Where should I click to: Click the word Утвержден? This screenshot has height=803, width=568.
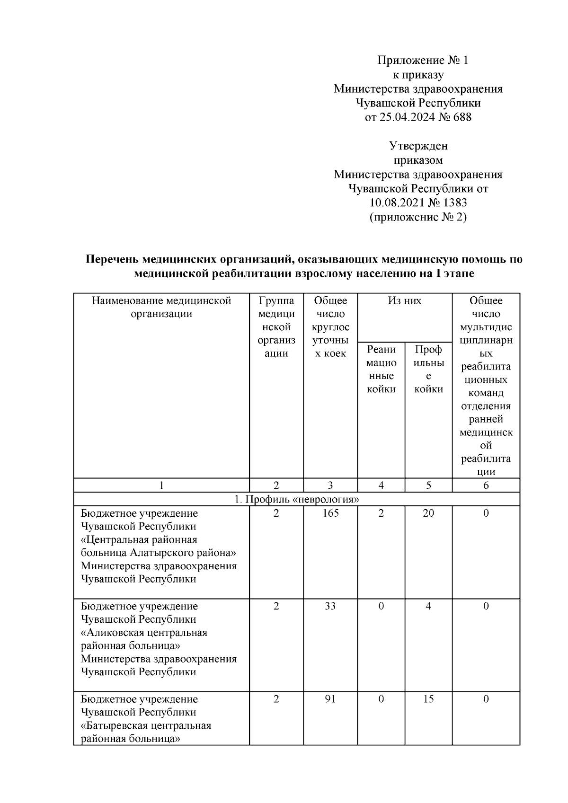coord(418,146)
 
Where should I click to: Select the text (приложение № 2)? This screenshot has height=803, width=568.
coord(418,217)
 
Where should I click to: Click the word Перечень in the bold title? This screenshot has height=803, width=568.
coord(112,259)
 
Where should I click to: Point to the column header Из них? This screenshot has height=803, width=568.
coord(405,301)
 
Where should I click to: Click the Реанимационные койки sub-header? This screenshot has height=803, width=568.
coord(381,369)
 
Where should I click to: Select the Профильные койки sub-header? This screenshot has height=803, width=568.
coord(428,369)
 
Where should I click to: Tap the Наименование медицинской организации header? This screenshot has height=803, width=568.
coord(161,307)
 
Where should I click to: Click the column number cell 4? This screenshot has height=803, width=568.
coord(381,485)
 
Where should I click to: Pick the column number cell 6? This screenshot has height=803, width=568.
coord(486,485)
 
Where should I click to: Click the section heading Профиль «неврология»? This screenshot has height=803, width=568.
coord(297,499)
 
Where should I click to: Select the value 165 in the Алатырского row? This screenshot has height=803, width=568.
coord(330,513)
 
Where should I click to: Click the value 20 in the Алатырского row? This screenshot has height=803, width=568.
coord(428,513)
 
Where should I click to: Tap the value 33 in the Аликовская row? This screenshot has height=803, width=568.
coord(330,606)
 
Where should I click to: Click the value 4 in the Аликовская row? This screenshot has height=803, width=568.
coord(428,606)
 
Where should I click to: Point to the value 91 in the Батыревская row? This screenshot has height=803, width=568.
coord(330,699)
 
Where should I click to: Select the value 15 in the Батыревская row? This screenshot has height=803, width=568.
coord(428,699)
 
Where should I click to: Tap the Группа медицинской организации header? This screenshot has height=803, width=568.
coord(276,327)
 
